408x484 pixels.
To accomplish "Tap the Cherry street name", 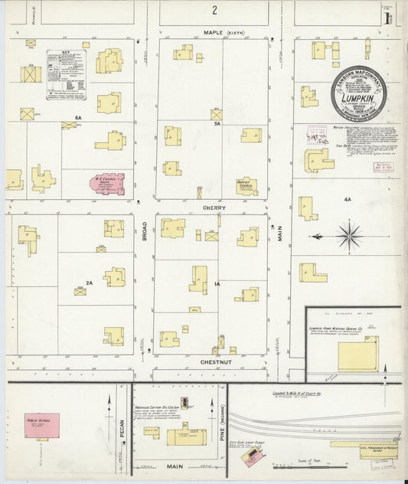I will [214, 207].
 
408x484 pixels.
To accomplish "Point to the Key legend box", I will [66, 71].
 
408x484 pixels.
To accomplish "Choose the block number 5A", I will [217, 123].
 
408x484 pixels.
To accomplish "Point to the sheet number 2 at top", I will [216, 10].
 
